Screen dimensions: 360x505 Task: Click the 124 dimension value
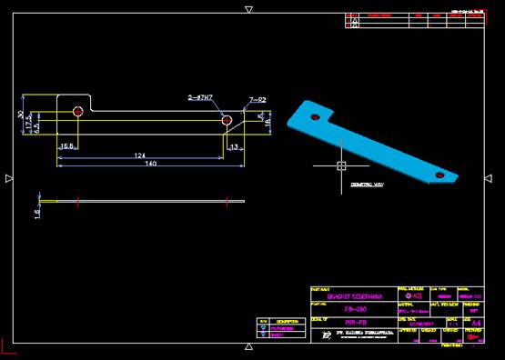[x=140, y=156]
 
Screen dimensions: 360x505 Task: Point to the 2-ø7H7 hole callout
[x=200, y=96]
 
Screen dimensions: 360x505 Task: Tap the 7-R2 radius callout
[x=258, y=99]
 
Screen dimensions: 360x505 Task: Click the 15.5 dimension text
[x=66, y=146]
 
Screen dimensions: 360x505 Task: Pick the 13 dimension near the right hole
[x=235, y=146]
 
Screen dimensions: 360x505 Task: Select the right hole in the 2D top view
[x=227, y=119]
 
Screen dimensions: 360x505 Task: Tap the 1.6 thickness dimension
[x=37, y=212]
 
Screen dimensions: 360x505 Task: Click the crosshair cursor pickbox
[x=340, y=165]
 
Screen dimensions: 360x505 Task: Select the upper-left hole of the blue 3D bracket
[x=313, y=116]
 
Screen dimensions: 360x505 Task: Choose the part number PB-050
[x=349, y=309]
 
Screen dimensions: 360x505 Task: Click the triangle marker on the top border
[x=248, y=9]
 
